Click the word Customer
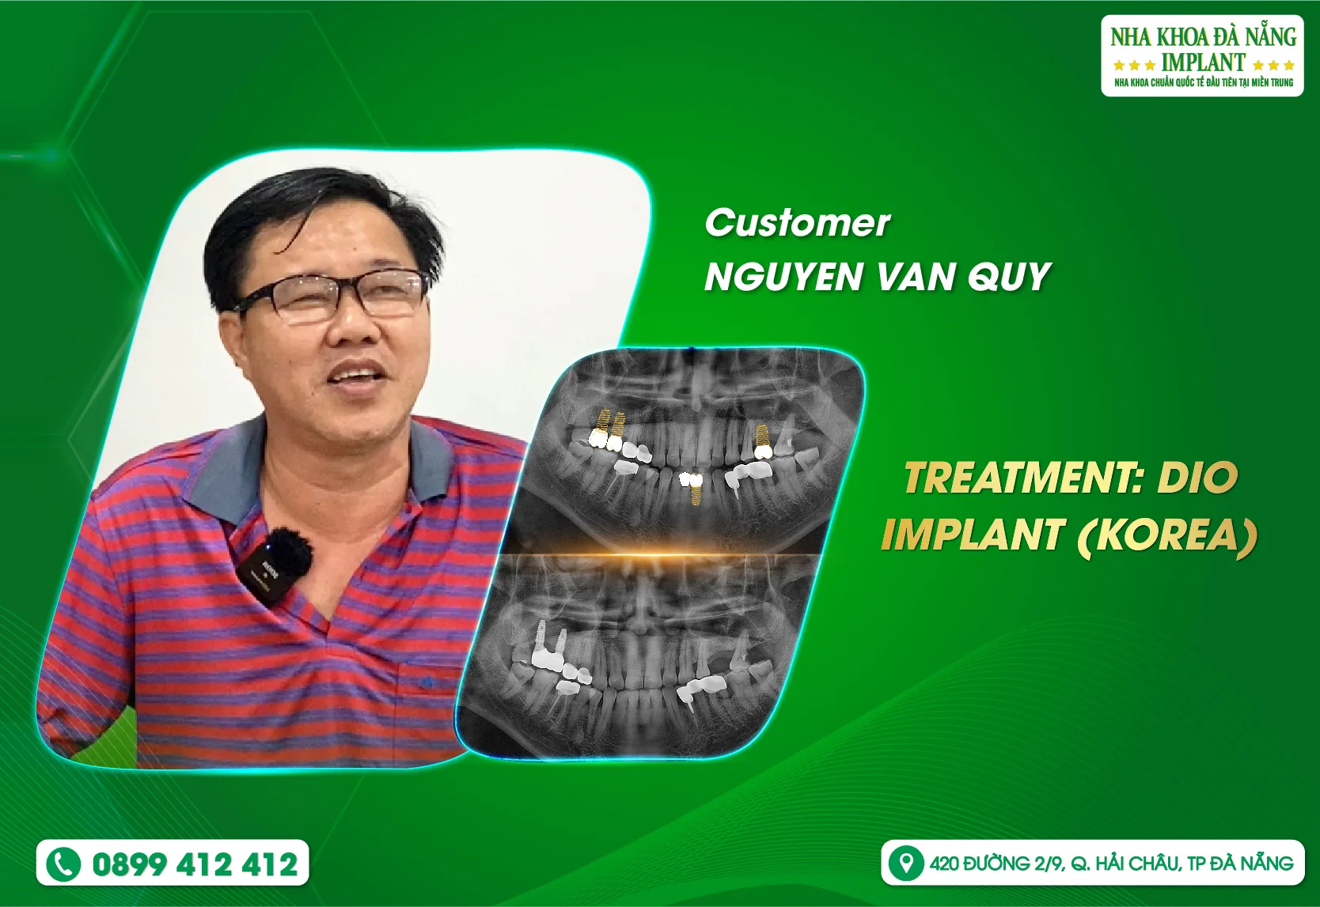pos(797,223)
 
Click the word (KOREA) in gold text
pos(1167,535)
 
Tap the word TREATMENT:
pos(1024,478)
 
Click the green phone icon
pos(63,864)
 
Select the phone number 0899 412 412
pos(195,864)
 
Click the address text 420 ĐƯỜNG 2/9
pos(997,864)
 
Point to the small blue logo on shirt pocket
pos(427,682)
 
